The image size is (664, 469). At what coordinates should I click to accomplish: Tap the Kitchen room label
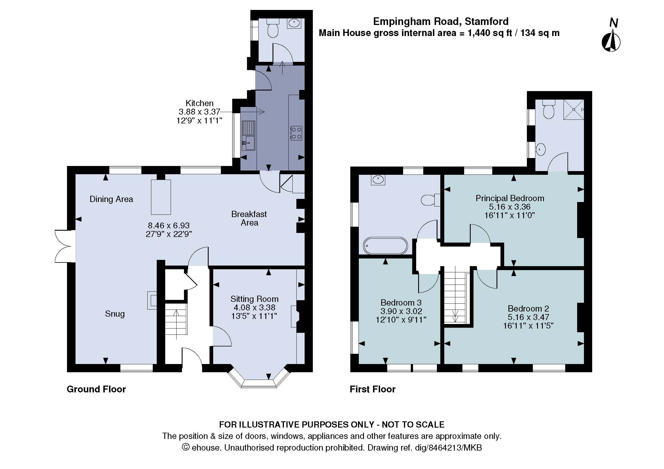click(199, 103)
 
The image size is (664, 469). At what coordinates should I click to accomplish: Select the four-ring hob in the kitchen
click(296, 133)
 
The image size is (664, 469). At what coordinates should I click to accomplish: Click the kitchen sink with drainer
click(248, 136)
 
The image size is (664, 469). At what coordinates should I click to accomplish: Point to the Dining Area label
click(111, 199)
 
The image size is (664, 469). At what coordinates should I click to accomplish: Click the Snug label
click(115, 314)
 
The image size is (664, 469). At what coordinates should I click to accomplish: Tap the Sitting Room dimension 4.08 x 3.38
click(254, 308)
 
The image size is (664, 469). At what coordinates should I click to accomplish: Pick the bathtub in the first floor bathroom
click(385, 246)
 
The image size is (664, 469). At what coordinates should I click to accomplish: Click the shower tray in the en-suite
click(573, 109)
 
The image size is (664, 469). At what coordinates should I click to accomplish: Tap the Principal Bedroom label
click(510, 198)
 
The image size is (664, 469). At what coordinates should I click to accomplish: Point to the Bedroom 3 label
click(401, 302)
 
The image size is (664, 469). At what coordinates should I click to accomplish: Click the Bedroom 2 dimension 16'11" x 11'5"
click(528, 326)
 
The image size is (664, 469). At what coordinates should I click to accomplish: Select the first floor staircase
click(455, 298)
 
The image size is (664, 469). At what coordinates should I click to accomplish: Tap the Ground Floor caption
click(96, 389)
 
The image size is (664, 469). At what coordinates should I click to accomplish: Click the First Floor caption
click(372, 389)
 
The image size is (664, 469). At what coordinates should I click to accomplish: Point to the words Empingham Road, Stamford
click(441, 21)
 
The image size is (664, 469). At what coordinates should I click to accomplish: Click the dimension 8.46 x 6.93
click(169, 225)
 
